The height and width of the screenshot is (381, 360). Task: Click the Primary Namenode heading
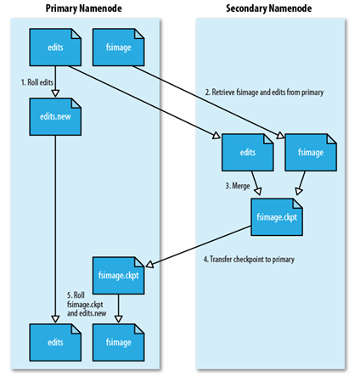pos(84,8)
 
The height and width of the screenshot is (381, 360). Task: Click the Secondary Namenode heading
pos(268,8)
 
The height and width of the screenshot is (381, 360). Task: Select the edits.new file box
pos(55,117)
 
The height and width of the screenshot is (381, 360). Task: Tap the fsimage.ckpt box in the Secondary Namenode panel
pos(277,217)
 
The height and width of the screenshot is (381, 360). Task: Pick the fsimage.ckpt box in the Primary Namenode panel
pos(119,276)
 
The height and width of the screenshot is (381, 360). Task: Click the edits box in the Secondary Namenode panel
pos(248,153)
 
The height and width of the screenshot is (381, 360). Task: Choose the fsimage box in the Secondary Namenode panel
pos(311,153)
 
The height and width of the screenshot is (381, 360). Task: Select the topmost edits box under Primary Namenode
pos(55,48)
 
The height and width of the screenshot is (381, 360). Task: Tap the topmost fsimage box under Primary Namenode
pos(119,48)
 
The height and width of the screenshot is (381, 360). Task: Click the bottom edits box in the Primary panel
pos(55,343)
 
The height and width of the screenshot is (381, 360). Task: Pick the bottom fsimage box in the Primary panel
pos(119,343)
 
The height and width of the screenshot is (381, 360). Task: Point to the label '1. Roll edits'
pos(37,82)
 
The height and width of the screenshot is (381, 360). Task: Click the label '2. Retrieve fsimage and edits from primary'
pos(264,92)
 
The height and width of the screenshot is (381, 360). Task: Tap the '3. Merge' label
pos(238,186)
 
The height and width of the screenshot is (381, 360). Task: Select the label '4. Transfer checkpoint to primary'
pos(249,259)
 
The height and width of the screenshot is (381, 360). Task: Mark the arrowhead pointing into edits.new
pos(55,93)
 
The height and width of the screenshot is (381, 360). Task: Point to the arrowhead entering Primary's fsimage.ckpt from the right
pos(149,265)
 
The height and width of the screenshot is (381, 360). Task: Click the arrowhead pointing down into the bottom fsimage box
pos(119,319)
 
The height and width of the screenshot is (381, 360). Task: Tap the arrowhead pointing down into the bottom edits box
pos(55,319)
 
